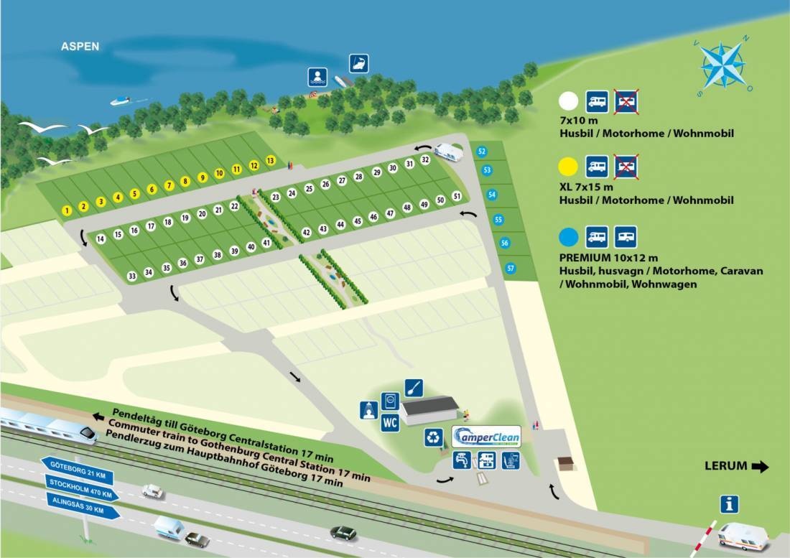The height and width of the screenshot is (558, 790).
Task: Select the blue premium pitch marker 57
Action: [x=511, y=268]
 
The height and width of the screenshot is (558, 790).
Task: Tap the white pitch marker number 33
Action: [x=131, y=276]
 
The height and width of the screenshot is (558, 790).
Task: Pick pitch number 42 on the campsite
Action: [x=306, y=232]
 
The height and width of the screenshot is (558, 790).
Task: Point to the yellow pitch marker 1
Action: [x=67, y=210]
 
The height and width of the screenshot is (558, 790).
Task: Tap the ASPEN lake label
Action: [x=80, y=47]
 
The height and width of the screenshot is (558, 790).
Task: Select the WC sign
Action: [x=390, y=422]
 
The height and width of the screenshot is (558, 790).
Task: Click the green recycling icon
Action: [x=434, y=437]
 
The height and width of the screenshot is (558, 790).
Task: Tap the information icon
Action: [x=730, y=504]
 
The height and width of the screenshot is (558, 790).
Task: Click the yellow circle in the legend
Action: [x=569, y=167]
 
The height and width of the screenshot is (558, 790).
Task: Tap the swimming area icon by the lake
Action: [x=317, y=76]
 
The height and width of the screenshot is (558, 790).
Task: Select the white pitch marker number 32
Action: [x=425, y=159]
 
